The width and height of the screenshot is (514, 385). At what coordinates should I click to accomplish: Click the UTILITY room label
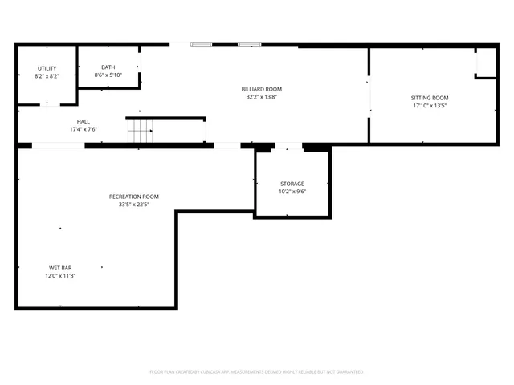pos(47,68)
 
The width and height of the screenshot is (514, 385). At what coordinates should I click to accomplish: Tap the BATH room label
pos(108,67)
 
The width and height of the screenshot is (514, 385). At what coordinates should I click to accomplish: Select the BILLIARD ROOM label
pos(262,89)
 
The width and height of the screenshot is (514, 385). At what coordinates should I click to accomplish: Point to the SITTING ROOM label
pos(430,98)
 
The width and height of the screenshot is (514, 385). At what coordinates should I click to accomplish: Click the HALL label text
pos(84,121)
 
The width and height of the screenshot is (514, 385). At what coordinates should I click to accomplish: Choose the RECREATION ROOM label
pos(134,197)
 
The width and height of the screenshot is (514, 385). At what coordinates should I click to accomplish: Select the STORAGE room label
pos(292,184)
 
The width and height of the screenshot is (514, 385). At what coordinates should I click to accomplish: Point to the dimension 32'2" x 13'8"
pos(262,97)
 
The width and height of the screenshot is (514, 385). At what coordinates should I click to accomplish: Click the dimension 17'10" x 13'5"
pos(430,106)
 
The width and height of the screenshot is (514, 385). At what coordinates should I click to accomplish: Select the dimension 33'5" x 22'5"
pos(134,205)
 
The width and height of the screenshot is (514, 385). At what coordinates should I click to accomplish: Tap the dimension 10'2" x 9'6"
pos(292,192)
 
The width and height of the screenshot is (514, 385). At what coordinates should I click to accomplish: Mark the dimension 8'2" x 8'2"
pos(47,76)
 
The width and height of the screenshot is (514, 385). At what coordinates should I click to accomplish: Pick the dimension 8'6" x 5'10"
pos(108,75)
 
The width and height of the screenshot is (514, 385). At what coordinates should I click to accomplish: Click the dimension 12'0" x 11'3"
pos(60,276)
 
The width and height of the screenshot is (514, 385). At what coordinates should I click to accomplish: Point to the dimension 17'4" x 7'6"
pos(84,129)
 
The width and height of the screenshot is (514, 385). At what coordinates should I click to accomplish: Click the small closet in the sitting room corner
pos(485,63)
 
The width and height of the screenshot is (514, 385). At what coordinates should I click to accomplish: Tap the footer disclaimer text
pos(257,372)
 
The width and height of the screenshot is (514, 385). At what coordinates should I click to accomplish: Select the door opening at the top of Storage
pos(288,148)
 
